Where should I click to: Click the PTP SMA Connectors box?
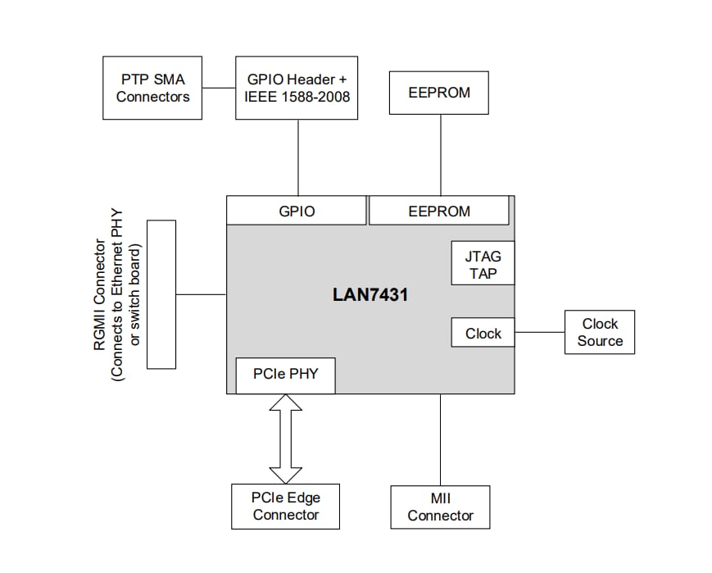pos(152,88)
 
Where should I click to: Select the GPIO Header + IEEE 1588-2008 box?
pos(297,88)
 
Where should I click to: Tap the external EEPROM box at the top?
pos(439,93)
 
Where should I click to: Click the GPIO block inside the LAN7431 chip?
pos(297,211)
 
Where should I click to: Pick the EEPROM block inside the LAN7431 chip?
pos(439,211)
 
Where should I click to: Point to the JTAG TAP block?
pos(483,264)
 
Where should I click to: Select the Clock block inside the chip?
pos(483,333)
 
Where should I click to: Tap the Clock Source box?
pos(599,333)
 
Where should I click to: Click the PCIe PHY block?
pos(284,375)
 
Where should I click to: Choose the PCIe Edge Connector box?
pos(285,507)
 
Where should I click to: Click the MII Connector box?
pos(440,507)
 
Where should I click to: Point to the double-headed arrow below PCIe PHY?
pos(285,439)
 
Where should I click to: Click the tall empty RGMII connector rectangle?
pos(160,293)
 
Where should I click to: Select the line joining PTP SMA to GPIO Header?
pos(218,88)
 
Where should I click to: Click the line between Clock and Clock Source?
pos(539,333)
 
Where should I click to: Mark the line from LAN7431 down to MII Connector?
pos(441,439)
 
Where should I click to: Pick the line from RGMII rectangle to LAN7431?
pos(201,294)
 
